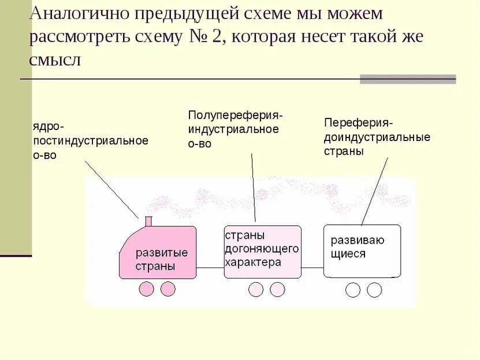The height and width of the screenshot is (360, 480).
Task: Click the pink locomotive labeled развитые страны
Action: tap(158, 254)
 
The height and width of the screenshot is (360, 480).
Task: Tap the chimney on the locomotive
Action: tap(148, 221)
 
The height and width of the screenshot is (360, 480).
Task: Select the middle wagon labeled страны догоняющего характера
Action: tap(262, 252)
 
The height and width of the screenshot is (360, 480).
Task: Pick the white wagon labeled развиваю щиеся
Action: tap(362, 251)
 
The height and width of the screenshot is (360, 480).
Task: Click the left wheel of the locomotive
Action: tap(147, 289)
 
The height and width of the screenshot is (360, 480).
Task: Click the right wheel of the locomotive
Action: tap(168, 289)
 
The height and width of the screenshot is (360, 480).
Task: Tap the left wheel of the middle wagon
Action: tap(256, 289)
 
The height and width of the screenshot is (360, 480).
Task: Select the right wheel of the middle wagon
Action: tap(277, 289)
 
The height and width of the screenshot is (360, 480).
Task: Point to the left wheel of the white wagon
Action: tap(353, 290)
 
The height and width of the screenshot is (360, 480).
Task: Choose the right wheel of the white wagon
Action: tap(374, 290)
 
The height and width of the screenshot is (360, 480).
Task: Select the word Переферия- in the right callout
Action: tap(358, 123)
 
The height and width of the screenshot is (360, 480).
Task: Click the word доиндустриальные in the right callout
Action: tap(377, 138)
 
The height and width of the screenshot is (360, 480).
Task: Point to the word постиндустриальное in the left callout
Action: tap(91, 141)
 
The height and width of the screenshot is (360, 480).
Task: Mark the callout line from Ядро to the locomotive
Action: tap(112, 189)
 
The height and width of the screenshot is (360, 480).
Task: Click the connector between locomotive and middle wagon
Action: tap(210, 267)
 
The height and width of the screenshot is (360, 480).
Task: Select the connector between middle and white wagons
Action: tap(312, 267)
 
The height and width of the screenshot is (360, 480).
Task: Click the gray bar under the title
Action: tap(407, 79)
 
